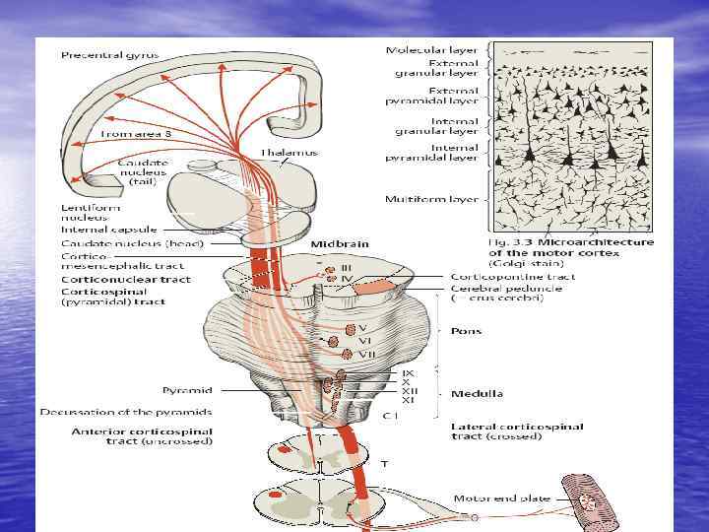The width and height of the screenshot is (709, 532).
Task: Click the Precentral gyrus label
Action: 109,55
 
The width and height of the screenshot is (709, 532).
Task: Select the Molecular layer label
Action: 431,49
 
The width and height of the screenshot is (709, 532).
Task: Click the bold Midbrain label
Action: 340,243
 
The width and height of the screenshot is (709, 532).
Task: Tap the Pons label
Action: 466,331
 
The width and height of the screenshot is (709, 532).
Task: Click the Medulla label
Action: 477,393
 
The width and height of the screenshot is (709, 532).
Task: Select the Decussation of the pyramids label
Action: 126,412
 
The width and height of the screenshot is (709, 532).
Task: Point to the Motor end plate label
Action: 495,499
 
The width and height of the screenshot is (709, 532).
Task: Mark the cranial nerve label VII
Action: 365,353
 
